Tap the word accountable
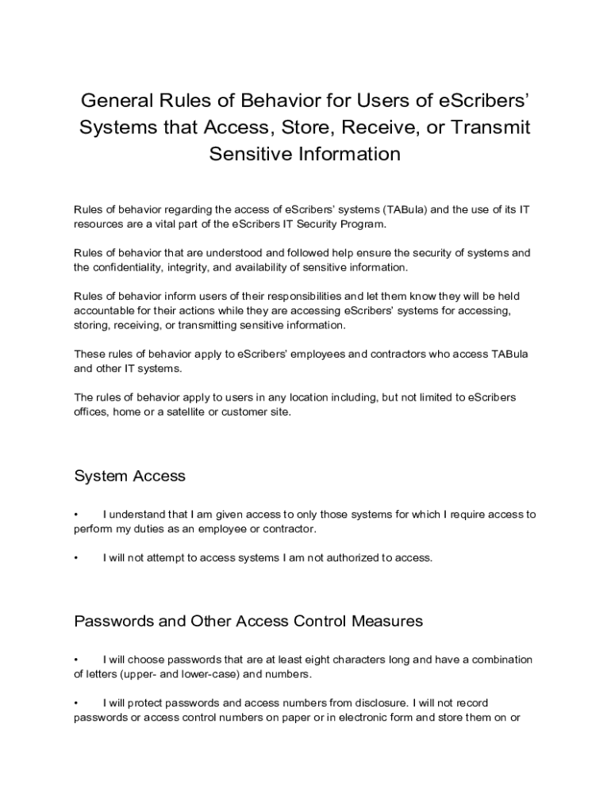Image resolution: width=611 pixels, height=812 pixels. tap(106, 311)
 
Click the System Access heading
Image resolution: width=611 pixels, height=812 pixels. tap(129, 477)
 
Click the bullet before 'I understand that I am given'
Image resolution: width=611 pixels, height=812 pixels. tap(76, 515)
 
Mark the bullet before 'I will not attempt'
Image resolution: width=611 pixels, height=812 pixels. tap(76, 558)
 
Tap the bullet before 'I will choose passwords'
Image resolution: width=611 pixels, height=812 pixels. tap(76, 660)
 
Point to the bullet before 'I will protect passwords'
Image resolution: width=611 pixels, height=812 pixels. tap(76, 703)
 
